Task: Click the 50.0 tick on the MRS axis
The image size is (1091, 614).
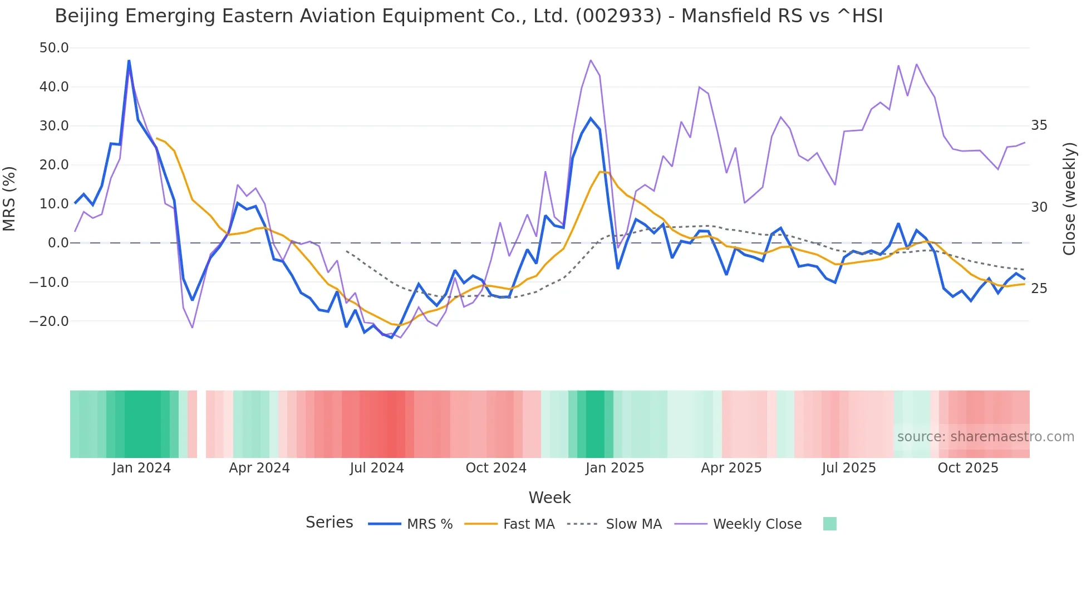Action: point(54,48)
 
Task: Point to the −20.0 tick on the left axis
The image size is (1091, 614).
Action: point(49,321)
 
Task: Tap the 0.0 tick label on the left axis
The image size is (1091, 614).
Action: point(58,243)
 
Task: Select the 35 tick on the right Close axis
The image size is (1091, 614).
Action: point(1039,125)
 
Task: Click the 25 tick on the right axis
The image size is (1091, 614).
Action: point(1039,289)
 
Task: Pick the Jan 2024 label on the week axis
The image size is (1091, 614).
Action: point(141,468)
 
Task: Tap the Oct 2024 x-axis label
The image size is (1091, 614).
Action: point(496,468)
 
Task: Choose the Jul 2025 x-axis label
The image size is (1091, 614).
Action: point(849,468)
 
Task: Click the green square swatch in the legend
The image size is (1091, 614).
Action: point(829,524)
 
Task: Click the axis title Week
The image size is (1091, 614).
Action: point(549,498)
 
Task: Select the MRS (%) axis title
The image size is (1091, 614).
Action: point(9,198)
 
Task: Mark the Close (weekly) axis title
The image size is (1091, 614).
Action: point(1069,199)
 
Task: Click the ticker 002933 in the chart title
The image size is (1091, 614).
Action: point(618,16)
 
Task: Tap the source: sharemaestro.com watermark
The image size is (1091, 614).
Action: point(985,437)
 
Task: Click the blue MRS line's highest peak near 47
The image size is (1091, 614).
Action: point(129,61)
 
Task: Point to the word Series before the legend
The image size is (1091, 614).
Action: point(329,523)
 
